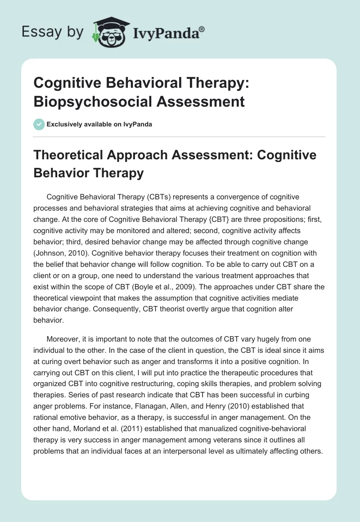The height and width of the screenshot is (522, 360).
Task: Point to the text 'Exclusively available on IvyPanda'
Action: point(99,125)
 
